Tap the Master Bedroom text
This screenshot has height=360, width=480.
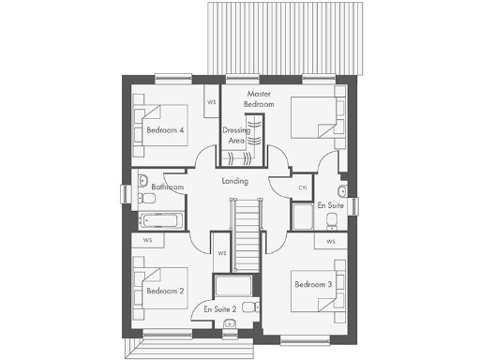(x=260, y=99)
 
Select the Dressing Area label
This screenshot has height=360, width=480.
(x=236, y=135)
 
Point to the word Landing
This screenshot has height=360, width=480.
(x=234, y=180)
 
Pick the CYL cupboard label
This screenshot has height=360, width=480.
(x=302, y=187)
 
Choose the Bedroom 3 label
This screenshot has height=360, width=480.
(x=312, y=284)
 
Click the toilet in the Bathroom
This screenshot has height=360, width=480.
(x=147, y=199)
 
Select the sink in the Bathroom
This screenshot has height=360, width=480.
(x=143, y=178)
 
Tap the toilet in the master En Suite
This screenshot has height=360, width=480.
(x=332, y=220)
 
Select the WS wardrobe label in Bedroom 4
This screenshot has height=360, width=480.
(x=212, y=101)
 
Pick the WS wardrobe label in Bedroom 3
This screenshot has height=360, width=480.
(x=331, y=241)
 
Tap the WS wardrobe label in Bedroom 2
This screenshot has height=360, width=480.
(x=148, y=240)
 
